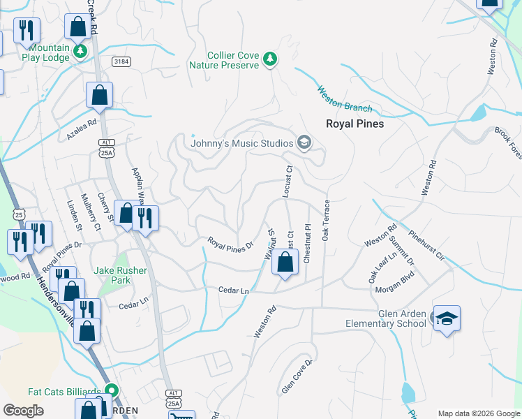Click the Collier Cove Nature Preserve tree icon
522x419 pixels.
(270, 60)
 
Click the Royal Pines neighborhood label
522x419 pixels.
(355, 124)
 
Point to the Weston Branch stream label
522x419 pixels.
(344, 98)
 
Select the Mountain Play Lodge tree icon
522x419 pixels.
(81, 50)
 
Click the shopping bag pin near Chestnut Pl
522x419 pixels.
(285, 263)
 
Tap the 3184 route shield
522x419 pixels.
(121, 61)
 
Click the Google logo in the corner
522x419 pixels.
(24, 411)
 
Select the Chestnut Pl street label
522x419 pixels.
(306, 243)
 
